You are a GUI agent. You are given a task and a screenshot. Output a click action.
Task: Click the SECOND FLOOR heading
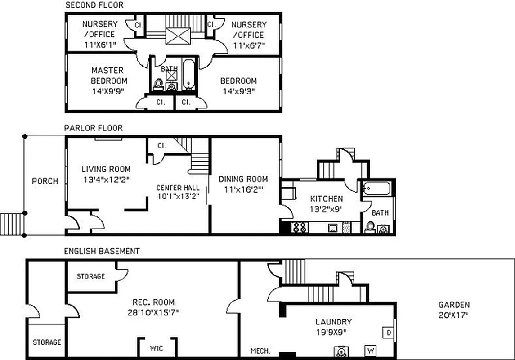tap(94, 5)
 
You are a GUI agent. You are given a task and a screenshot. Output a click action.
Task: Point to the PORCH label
tap(45, 181)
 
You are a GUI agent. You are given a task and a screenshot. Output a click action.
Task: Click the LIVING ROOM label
tap(106, 169)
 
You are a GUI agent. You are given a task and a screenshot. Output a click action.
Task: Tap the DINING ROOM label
tap(243, 179)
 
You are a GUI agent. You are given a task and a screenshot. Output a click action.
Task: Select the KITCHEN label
tap(327, 198)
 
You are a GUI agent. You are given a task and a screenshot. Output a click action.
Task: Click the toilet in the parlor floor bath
tap(370, 227)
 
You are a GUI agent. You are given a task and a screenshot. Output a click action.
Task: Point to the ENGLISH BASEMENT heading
tap(102, 251)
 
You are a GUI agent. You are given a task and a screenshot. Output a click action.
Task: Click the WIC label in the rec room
tap(157, 348)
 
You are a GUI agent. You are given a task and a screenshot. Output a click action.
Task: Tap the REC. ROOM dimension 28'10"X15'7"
tap(153, 312)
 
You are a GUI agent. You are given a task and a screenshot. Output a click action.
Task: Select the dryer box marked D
tap(387, 333)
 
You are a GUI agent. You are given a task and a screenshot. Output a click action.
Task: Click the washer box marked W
tap(371, 350)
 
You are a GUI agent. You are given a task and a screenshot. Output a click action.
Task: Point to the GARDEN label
tap(454, 305)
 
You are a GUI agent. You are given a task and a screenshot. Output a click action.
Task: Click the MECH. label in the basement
tap(260, 351)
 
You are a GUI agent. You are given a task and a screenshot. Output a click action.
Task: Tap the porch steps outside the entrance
tap(12, 224)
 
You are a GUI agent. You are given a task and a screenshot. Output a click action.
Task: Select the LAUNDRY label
tap(333, 322)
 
